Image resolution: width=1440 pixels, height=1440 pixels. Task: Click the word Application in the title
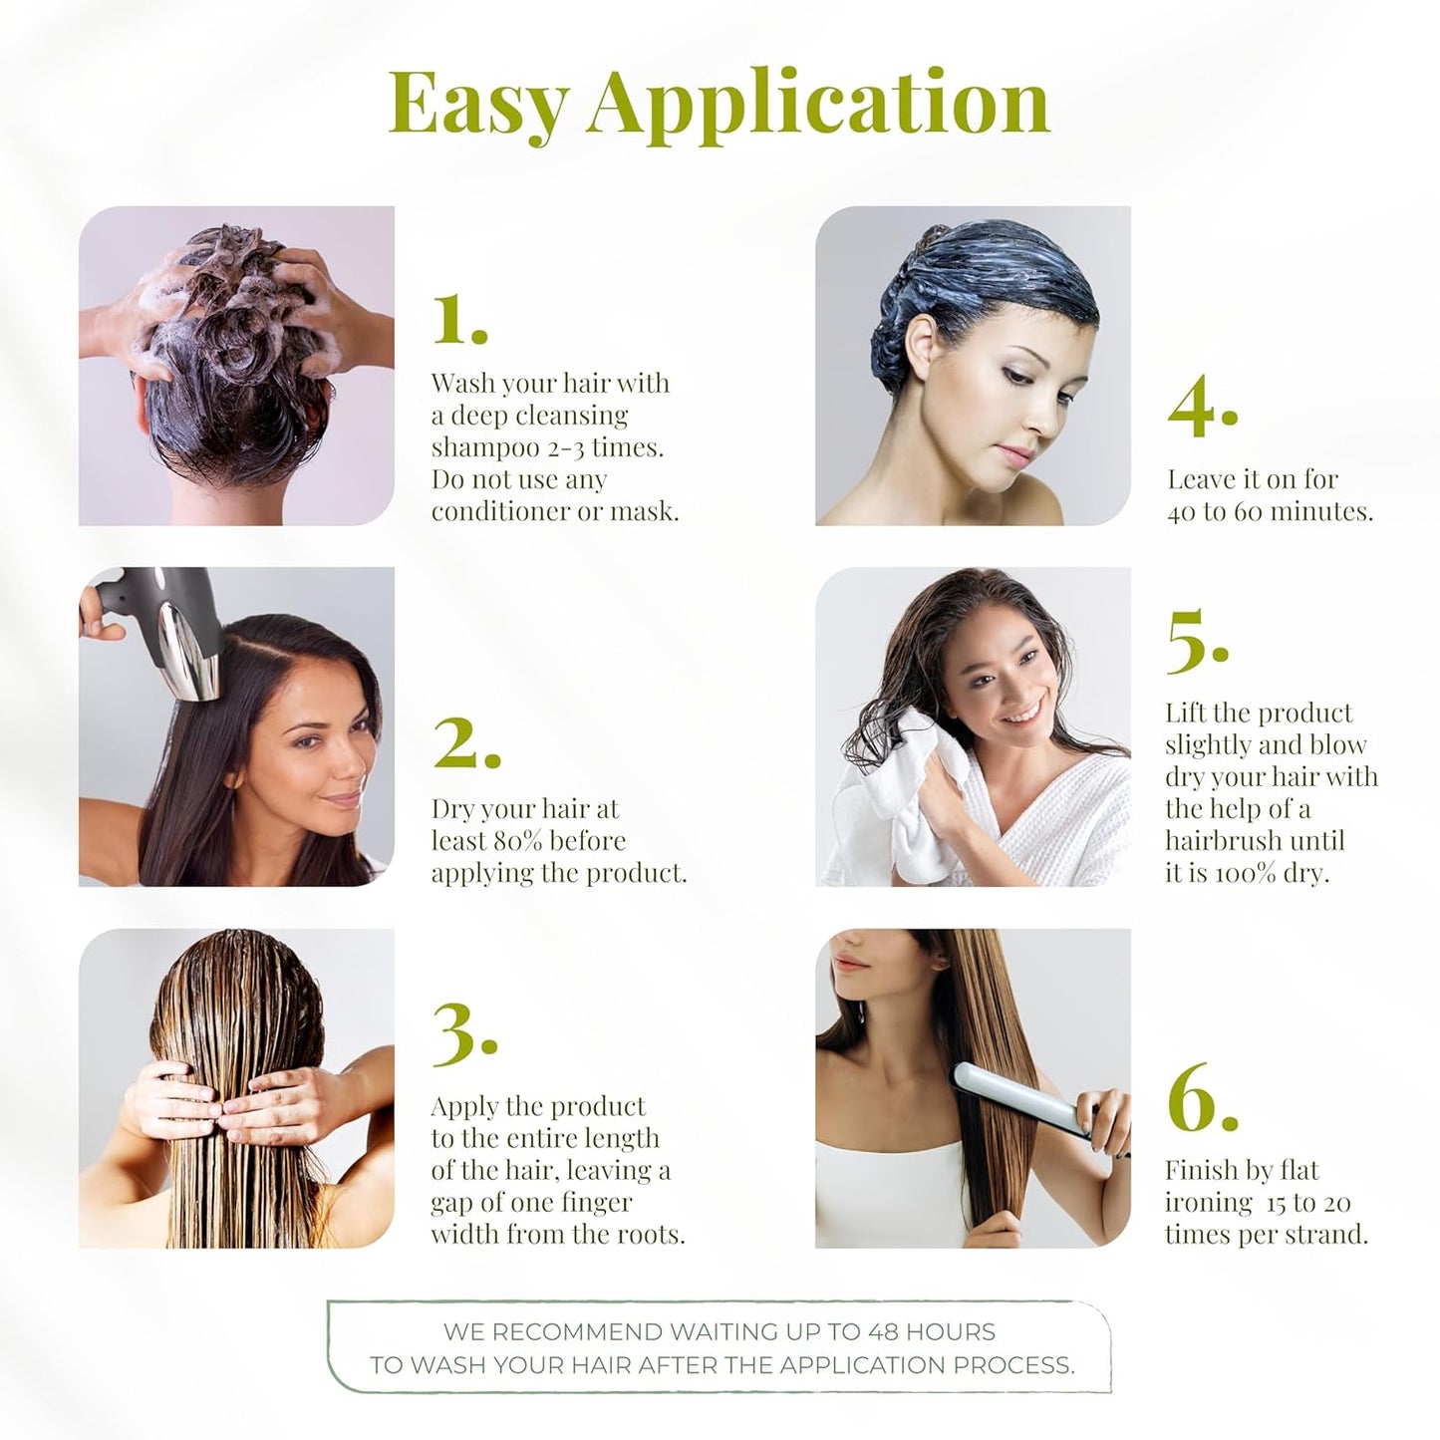coord(817,104)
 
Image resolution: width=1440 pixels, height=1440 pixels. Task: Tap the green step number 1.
coord(458,320)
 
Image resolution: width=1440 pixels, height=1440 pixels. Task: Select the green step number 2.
coord(465,743)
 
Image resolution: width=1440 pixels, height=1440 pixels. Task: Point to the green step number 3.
coord(463,1034)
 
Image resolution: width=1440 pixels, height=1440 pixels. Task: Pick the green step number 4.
coord(1201,408)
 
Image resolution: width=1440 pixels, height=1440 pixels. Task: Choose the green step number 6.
coord(1201,1098)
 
